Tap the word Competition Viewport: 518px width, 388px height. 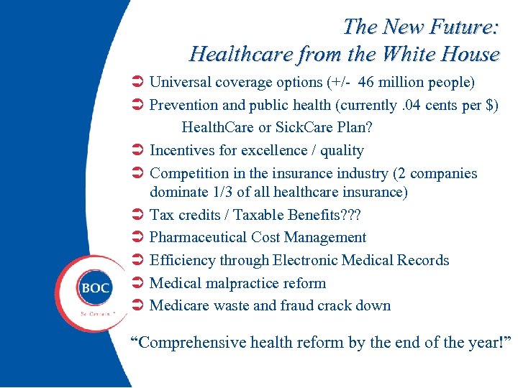click(x=191, y=174)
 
